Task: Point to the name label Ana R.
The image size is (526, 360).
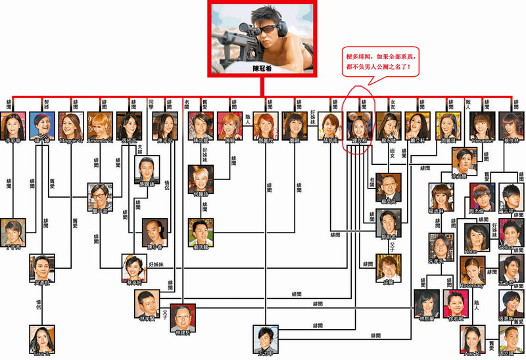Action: point(471,355)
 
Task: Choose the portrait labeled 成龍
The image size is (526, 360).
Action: point(387,267)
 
